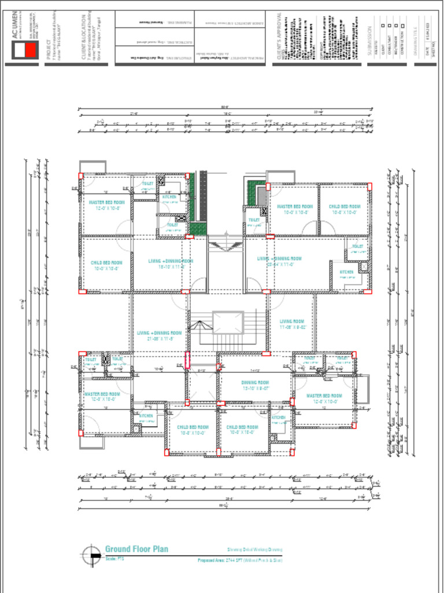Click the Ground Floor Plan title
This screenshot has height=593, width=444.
coord(136,548)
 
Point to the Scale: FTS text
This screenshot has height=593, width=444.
coord(114,559)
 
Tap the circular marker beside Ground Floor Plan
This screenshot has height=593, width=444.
coord(90,555)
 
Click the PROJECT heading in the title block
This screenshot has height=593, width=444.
coord(49,49)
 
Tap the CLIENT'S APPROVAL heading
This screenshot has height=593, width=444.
coord(279,37)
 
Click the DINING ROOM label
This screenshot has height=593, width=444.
coord(255,383)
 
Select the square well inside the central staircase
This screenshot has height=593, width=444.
coord(228,323)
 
